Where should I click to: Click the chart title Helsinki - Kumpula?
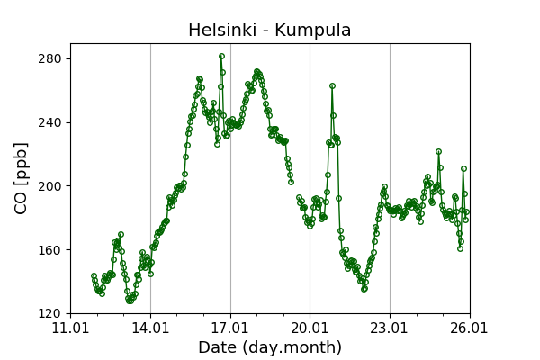coord(269,31)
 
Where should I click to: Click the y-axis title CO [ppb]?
coord(22,178)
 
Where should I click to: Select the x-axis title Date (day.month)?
coord(270,347)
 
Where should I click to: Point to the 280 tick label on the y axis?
coord(50,58)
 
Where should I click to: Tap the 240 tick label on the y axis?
coord(50,122)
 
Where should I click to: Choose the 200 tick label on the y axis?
coord(50,186)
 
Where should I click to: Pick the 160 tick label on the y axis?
coord(50,250)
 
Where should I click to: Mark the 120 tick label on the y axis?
coord(50,313)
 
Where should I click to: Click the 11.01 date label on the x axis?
coord(70,328)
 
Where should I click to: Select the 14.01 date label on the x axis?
coord(150,328)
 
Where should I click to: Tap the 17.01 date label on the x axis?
coord(230,328)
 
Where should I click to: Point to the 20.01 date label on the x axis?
coord(310,328)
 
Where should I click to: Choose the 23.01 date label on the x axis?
coord(390,328)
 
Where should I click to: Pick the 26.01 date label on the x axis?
coord(469,328)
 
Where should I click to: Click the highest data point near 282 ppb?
coord(221,56)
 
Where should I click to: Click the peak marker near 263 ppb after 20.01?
coord(332,85)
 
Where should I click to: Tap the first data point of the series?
coord(94,276)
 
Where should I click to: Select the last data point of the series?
coord(466,212)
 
